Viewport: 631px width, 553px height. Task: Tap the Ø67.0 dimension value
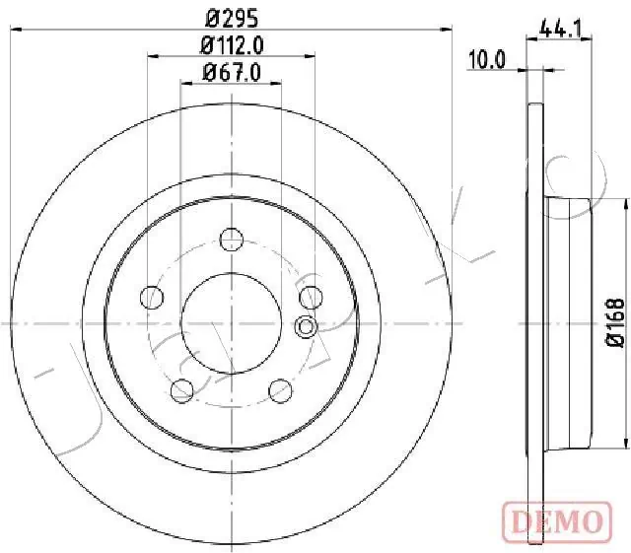tap(232, 72)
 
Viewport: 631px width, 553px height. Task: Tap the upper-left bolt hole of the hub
tap(153, 296)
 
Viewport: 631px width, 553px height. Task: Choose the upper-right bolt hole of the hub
tap(310, 296)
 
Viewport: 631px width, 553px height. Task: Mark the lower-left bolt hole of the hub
tap(182, 389)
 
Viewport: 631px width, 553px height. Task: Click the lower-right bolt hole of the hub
tap(280, 389)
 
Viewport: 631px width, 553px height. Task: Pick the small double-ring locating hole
tap(306, 327)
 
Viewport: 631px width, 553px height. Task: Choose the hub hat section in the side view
tap(572, 321)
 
